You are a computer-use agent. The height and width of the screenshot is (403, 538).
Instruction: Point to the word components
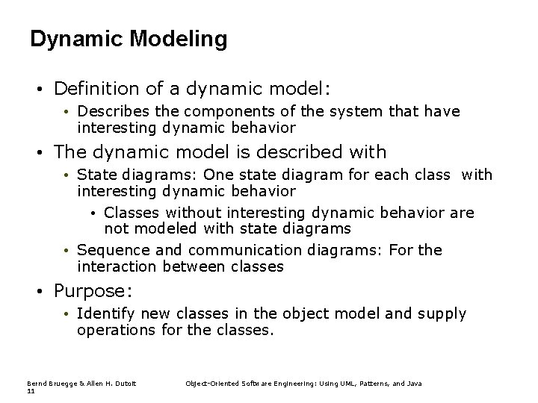208,111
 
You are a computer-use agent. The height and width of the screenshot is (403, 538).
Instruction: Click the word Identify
104,314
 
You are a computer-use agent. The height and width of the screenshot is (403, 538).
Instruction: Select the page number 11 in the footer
31,391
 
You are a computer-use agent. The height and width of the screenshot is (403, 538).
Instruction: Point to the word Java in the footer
414,383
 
